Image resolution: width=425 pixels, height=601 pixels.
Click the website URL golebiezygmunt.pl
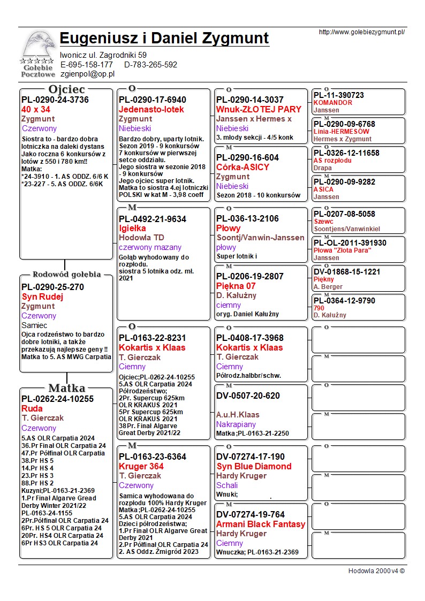point(361,32)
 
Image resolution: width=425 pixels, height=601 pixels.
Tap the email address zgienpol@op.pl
point(87,74)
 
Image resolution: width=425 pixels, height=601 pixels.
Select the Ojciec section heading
point(66,89)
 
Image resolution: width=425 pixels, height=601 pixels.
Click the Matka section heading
point(66,388)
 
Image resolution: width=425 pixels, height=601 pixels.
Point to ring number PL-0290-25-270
point(52,287)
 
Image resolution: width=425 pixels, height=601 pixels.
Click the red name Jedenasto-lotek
point(151,109)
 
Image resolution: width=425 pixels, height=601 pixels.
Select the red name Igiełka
point(132,228)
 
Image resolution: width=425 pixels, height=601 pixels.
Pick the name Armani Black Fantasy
point(261,524)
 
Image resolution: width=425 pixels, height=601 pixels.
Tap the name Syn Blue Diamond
point(254,466)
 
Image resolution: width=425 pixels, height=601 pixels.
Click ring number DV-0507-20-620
point(247,396)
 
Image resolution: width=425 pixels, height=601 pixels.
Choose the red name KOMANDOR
point(332,103)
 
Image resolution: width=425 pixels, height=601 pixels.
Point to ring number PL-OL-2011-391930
point(350,243)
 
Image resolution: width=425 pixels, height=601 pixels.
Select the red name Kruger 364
point(141,466)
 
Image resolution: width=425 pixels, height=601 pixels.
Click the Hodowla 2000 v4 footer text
point(376,570)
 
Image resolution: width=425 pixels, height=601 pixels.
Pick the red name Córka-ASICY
point(242,167)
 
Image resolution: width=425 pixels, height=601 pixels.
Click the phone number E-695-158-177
point(86,65)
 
